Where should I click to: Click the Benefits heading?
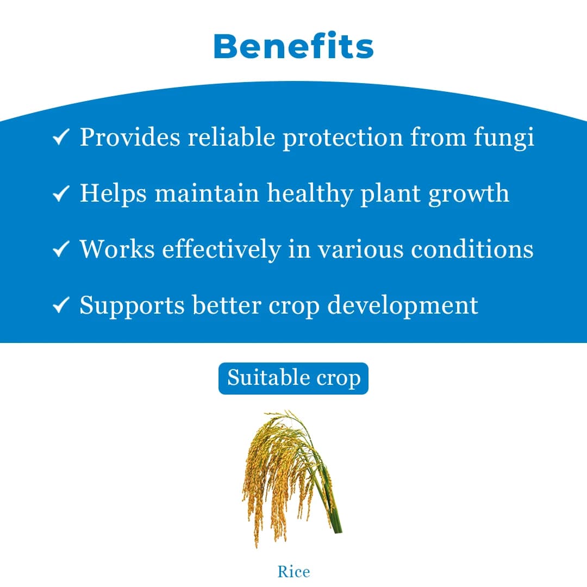tap(293, 47)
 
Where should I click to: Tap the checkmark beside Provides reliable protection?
tap(60, 138)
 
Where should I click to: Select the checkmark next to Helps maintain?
tap(60, 193)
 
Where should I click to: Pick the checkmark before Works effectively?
tap(60, 249)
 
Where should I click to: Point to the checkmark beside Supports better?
tap(60, 305)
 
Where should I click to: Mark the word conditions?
tap(472, 249)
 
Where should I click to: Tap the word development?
tap(403, 306)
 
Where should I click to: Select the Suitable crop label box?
tap(293, 378)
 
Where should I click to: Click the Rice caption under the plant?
tap(293, 572)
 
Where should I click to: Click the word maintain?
tap(207, 193)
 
